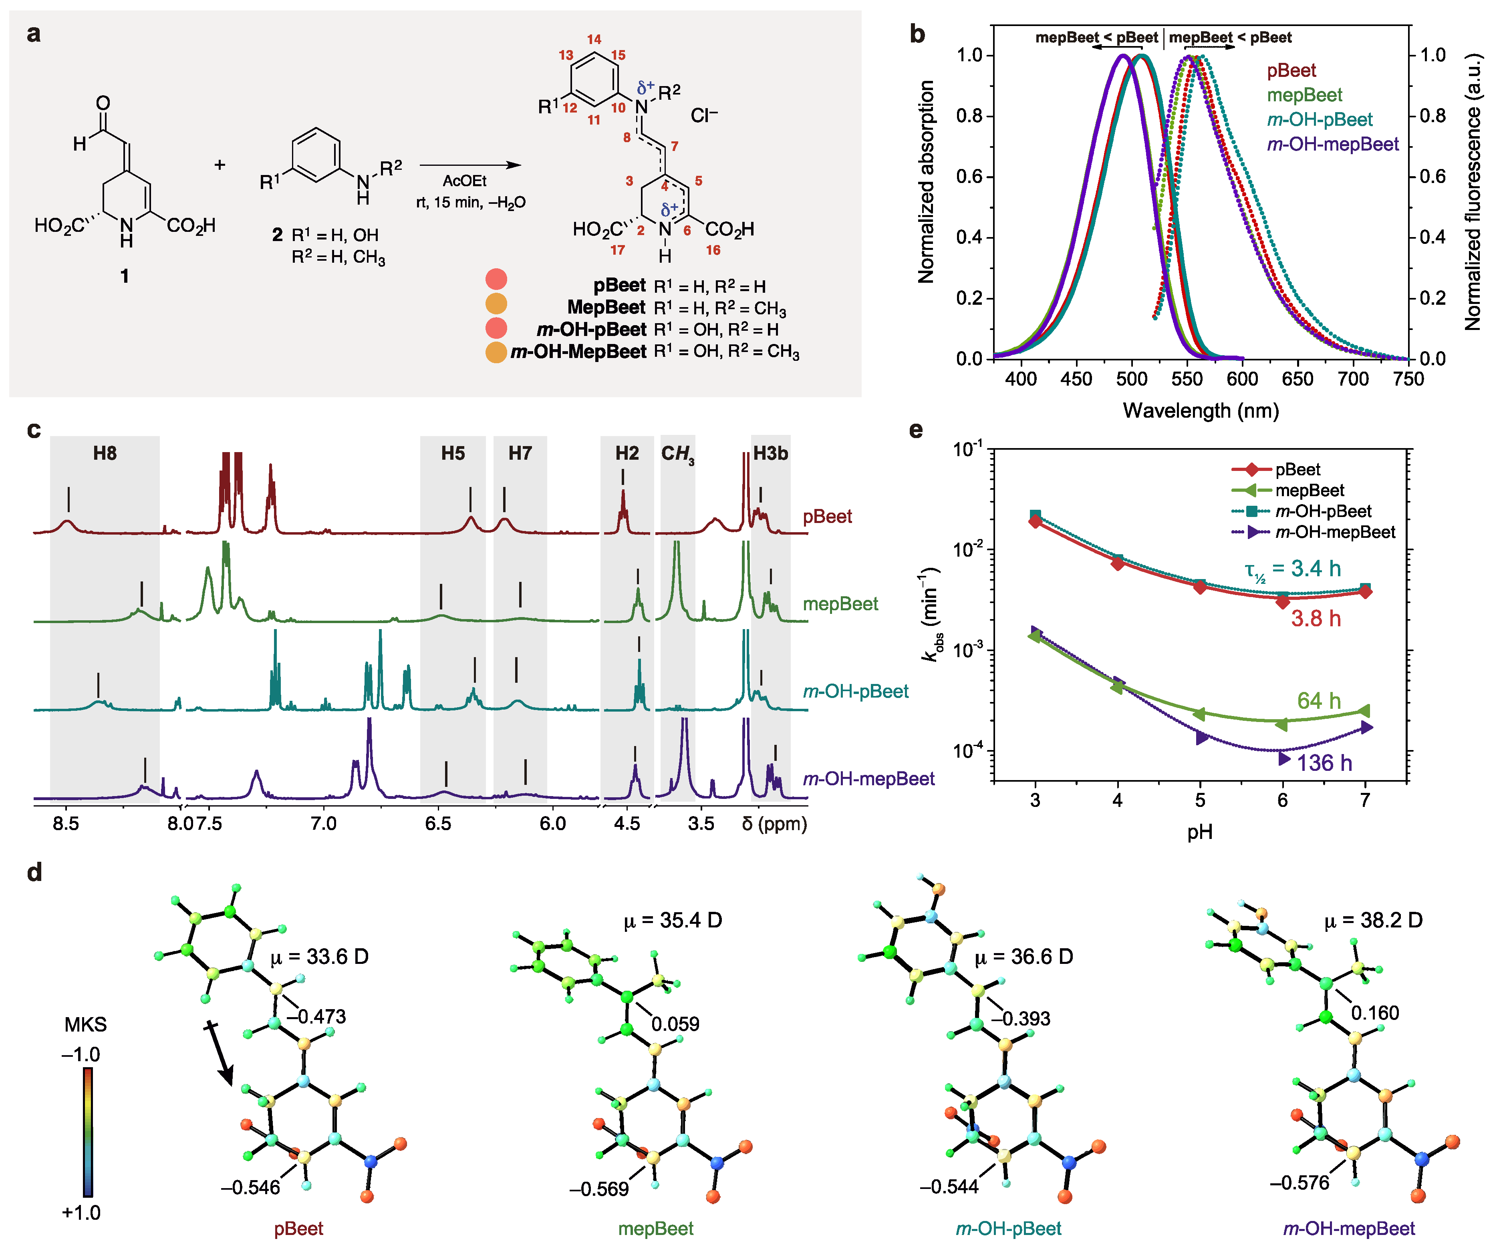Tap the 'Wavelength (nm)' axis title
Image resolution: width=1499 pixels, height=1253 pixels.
(x=1201, y=410)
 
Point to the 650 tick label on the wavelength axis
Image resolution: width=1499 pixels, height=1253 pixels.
(x=1297, y=379)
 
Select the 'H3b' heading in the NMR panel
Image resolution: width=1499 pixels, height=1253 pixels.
(x=770, y=453)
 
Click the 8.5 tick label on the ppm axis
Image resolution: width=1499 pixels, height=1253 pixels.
(x=66, y=823)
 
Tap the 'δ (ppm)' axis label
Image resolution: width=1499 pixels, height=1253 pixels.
(x=774, y=823)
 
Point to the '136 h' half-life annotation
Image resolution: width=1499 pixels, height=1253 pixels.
(x=1324, y=763)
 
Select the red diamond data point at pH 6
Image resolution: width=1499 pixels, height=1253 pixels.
(x=1283, y=601)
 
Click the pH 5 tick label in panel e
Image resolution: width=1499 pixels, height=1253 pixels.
(x=1200, y=800)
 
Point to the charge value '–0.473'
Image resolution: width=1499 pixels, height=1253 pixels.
(x=316, y=1016)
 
